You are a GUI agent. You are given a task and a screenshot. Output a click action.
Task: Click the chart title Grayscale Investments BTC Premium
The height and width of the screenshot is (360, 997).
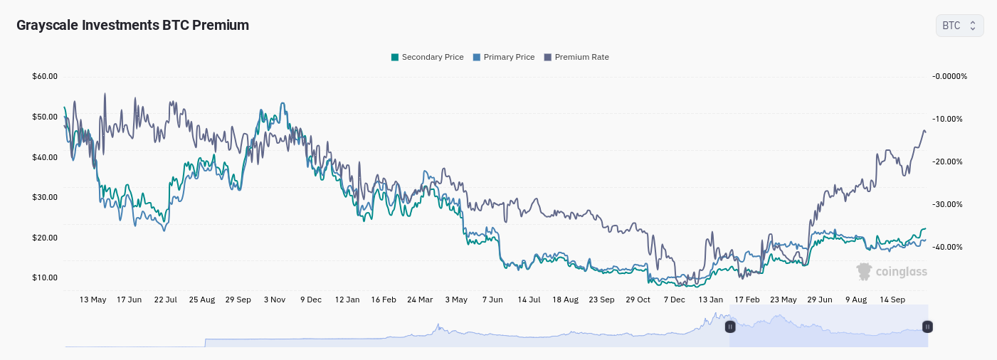(132, 25)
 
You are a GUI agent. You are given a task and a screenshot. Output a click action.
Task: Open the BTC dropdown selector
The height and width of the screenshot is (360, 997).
(959, 26)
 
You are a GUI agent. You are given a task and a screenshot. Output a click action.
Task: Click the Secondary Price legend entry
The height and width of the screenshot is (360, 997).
(428, 57)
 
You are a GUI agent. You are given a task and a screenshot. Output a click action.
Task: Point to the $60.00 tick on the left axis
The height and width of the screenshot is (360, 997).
(45, 76)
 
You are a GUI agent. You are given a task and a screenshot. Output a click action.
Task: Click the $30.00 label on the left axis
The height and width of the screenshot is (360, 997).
(45, 197)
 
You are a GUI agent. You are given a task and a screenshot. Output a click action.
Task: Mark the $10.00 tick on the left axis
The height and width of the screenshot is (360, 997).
(45, 277)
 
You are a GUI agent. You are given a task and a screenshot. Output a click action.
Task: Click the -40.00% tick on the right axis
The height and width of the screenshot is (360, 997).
(947, 247)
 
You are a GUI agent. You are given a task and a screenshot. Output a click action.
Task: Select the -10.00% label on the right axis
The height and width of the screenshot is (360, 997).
(947, 119)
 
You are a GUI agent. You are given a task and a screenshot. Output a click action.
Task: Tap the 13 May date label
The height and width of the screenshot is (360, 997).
(93, 300)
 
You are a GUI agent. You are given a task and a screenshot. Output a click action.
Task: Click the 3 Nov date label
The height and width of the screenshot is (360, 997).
(274, 300)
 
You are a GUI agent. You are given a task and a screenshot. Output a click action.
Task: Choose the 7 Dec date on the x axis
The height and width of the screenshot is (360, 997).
(674, 300)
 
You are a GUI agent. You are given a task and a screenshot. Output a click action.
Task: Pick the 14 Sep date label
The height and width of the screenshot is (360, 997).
(892, 300)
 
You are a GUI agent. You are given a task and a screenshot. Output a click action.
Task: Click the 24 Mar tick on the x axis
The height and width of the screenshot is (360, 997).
(420, 300)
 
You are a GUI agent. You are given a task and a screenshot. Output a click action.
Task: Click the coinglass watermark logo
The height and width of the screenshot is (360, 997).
(892, 271)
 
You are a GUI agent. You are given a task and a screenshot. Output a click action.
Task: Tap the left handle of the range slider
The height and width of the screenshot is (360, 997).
(729, 327)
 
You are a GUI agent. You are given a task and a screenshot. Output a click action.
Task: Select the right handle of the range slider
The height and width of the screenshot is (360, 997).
(927, 327)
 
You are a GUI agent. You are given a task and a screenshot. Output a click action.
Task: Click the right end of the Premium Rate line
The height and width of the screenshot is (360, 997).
(925, 132)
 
